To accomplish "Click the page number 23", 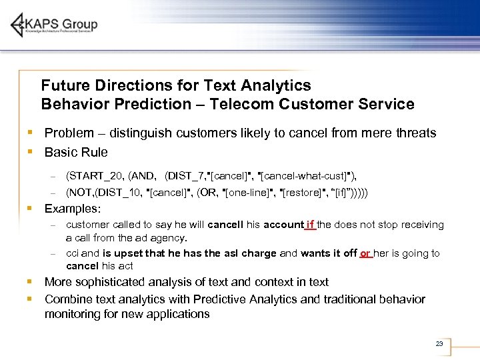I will click(439, 344).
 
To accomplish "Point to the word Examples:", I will click(73, 209).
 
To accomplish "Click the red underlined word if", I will click(310, 225).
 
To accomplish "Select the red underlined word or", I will click(365, 253).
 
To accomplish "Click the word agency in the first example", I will click(169, 237).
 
